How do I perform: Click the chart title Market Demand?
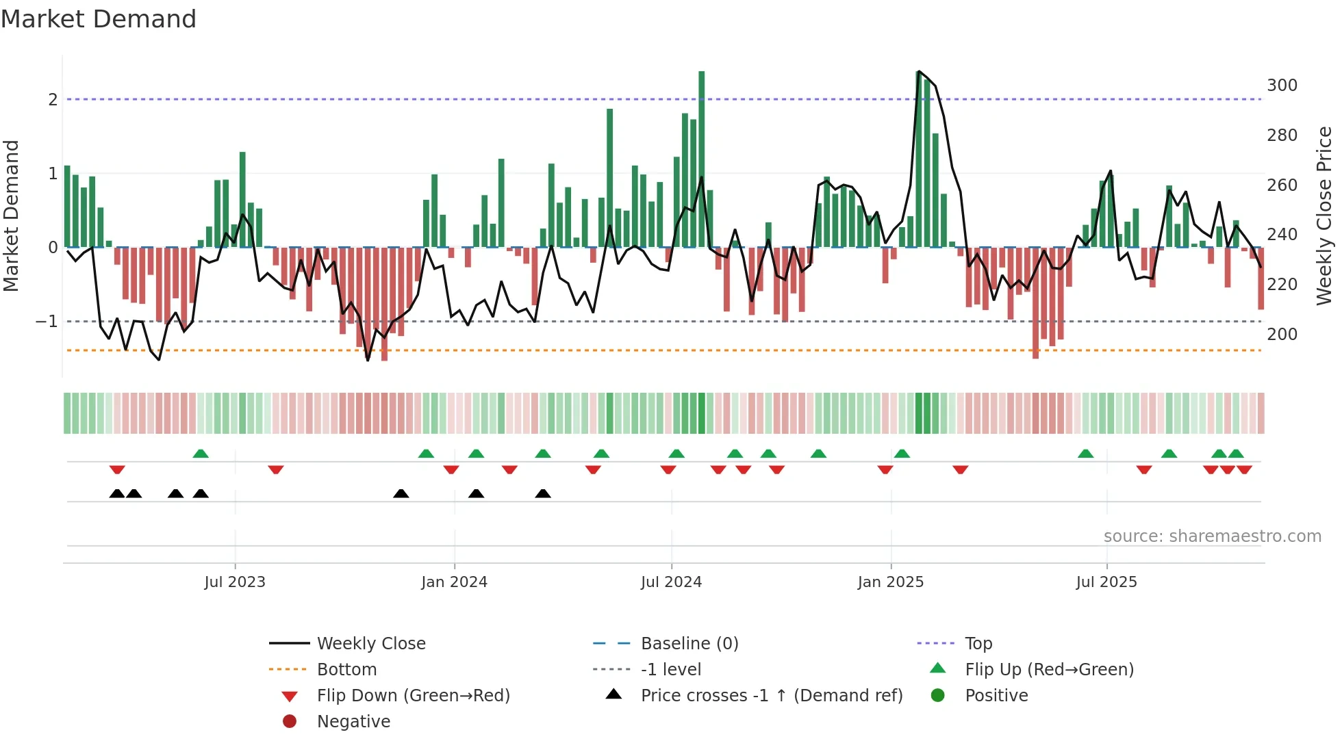(99, 19)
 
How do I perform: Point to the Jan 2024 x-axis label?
(454, 582)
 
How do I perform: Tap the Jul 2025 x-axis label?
(1106, 582)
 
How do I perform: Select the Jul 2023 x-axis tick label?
(235, 582)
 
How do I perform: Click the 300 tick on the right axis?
(1282, 86)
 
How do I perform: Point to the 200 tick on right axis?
(1282, 335)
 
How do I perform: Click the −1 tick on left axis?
(47, 322)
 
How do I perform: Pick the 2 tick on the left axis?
(53, 100)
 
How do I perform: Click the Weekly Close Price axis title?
(1324, 216)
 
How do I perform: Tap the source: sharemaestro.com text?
(1212, 536)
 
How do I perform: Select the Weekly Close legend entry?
(370, 644)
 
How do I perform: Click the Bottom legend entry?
(346, 670)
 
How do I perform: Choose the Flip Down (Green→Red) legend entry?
(413, 696)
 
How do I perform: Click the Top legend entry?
(978, 644)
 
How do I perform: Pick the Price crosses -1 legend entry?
(771, 696)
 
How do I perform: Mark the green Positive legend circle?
(938, 696)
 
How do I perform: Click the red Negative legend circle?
(290, 722)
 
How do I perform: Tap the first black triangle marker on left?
(117, 494)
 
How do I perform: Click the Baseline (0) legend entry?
(689, 644)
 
